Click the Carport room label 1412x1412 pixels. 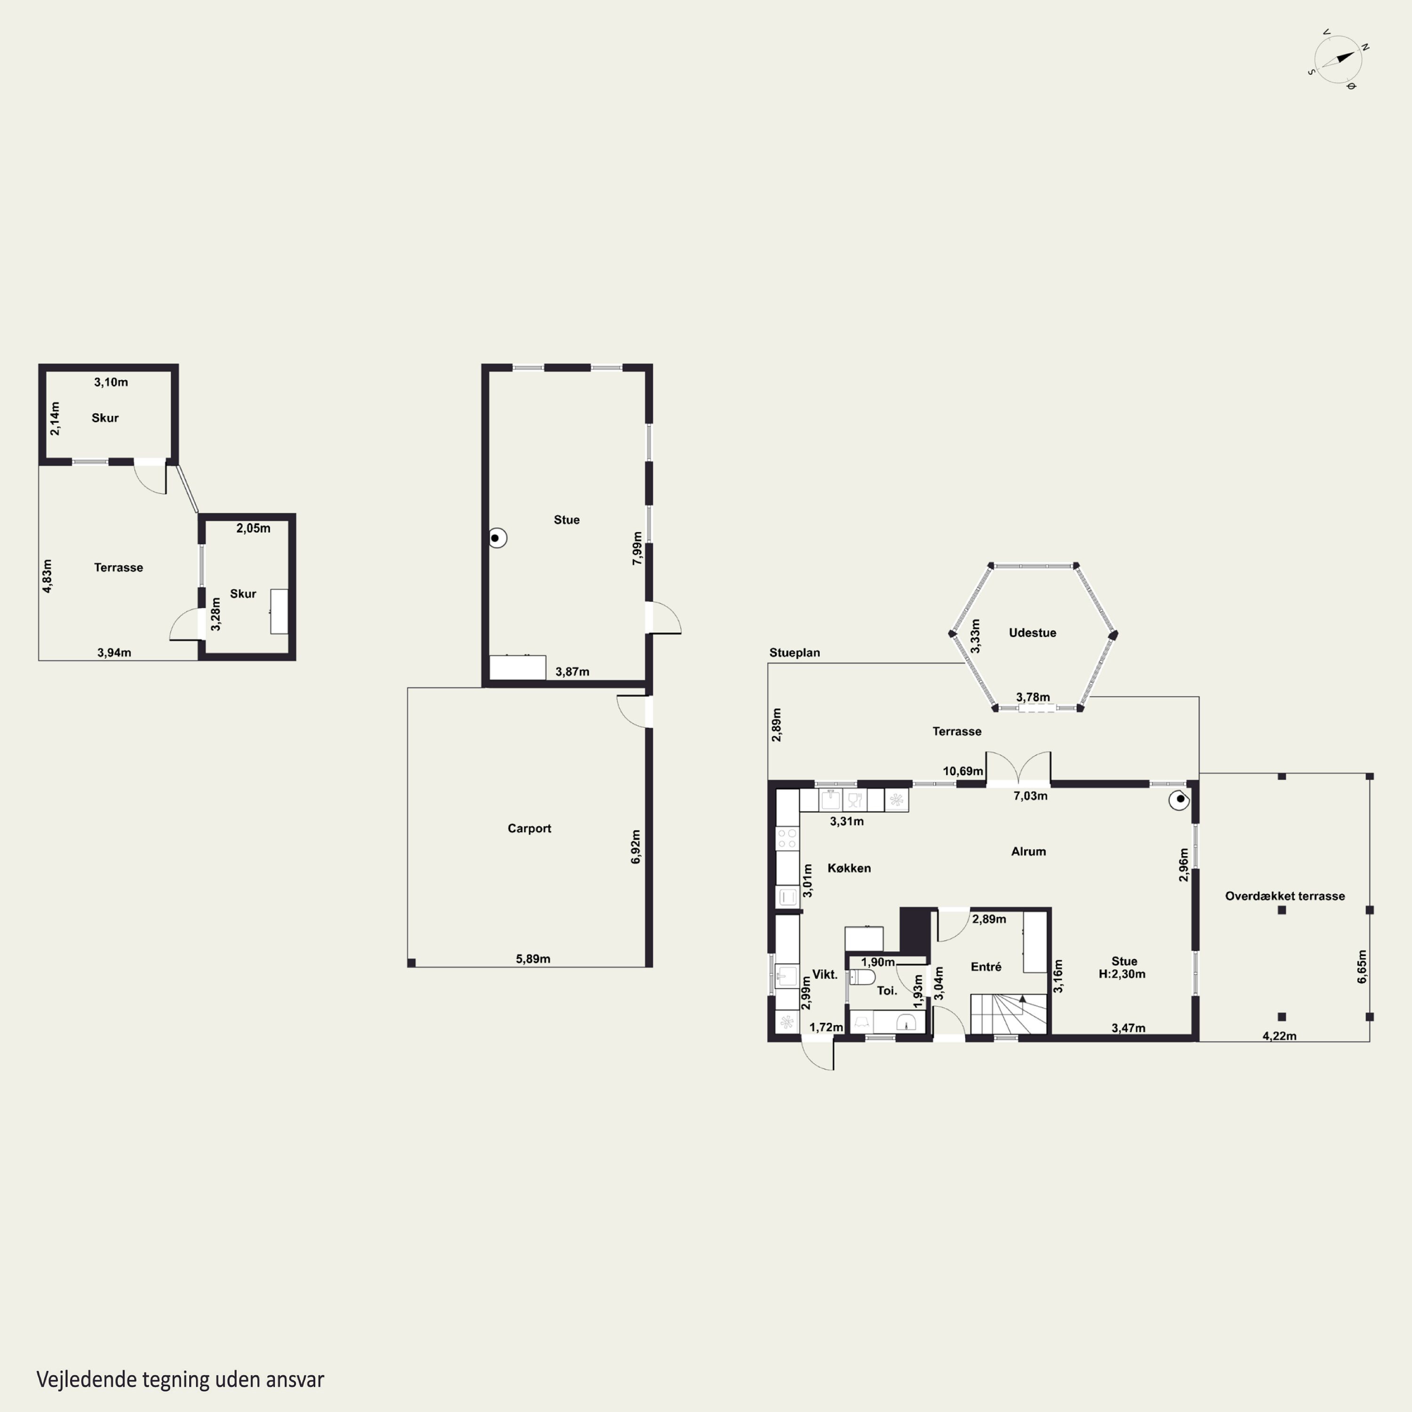pos(529,828)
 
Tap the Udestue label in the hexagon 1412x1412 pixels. pos(1032,633)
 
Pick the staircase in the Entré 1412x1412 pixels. pos(1009,1014)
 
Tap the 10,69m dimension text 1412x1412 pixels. pos(963,771)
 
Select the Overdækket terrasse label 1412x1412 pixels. pos(1285,896)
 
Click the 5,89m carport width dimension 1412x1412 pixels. pos(533,959)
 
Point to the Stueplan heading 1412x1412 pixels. pos(794,653)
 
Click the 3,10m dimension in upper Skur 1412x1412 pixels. pos(111,382)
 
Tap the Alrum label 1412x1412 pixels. pos(1028,851)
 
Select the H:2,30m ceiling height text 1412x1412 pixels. pos(1122,974)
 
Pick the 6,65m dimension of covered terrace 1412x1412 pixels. pos(1362,966)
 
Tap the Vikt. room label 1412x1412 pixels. pos(825,975)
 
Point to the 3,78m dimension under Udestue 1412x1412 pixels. pos(1033,697)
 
